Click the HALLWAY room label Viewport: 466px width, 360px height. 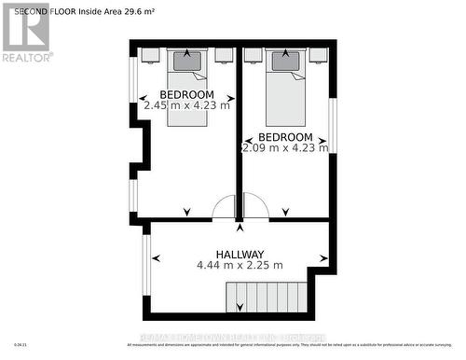(240, 255)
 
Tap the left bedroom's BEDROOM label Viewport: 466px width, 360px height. (186, 95)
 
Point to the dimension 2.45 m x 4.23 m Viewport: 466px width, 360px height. (186, 106)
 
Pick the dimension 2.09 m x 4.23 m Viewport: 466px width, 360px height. (284, 147)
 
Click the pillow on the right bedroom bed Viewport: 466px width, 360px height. (285, 62)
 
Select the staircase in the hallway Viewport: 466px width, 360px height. (265, 298)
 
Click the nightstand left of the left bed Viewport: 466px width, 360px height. (149, 54)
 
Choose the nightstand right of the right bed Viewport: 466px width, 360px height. (318, 54)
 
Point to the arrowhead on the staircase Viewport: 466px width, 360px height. (240, 307)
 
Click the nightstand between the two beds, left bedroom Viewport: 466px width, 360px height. (224, 54)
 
